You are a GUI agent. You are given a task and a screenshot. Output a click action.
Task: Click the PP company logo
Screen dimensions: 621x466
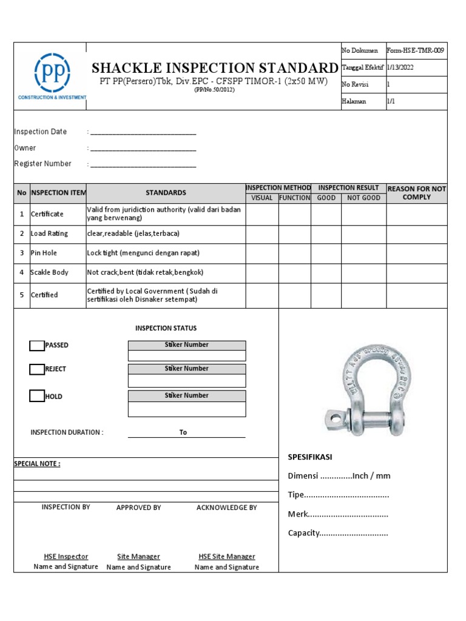coord(52,75)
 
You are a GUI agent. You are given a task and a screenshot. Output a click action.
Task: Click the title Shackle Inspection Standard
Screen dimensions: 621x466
coord(214,67)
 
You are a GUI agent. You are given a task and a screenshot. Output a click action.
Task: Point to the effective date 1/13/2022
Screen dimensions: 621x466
coord(400,68)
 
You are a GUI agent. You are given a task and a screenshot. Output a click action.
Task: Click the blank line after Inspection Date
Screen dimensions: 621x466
coord(143,132)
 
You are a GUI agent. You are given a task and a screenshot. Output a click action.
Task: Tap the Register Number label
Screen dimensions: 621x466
coord(42,164)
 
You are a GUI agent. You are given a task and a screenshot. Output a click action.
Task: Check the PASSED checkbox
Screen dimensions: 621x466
coord(37,346)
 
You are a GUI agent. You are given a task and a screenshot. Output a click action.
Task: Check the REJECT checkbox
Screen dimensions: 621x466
coord(37,369)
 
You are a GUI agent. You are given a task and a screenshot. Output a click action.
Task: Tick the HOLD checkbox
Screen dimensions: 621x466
coord(37,397)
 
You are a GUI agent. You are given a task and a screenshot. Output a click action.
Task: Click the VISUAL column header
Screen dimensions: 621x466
coord(262,198)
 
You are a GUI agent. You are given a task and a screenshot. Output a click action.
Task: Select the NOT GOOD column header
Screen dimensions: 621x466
coord(363,198)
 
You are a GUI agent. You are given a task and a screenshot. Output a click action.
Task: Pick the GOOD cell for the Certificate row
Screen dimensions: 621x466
coord(326,215)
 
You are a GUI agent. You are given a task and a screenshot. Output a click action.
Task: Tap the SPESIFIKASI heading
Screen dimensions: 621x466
coord(309,457)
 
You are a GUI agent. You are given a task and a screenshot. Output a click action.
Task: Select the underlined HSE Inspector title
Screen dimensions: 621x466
coord(66,557)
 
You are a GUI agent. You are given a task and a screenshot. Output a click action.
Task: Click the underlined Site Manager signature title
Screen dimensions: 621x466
coord(138,557)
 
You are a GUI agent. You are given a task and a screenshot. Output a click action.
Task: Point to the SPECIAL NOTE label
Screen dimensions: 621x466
coord(37,464)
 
